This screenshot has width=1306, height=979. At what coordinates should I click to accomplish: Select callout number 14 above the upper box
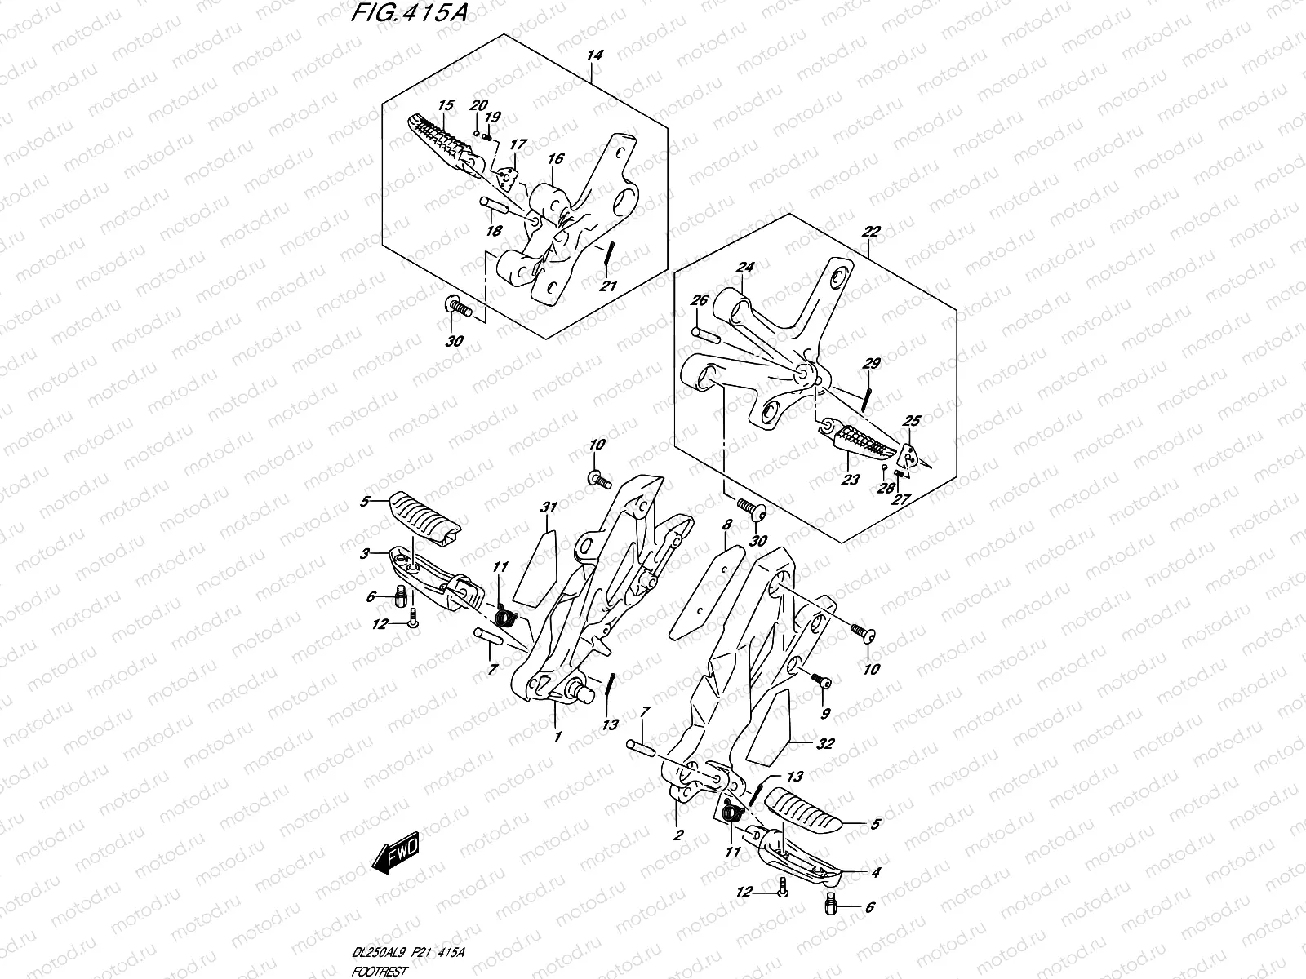[x=594, y=55]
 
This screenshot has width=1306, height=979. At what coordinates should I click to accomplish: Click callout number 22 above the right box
[x=870, y=232]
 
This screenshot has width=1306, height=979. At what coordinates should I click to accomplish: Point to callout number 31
[x=549, y=507]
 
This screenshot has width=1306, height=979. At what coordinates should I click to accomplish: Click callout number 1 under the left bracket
[x=557, y=736]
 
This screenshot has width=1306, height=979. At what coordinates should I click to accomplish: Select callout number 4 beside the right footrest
[x=875, y=872]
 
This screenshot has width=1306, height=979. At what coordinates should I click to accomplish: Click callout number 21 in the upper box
[x=608, y=285]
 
